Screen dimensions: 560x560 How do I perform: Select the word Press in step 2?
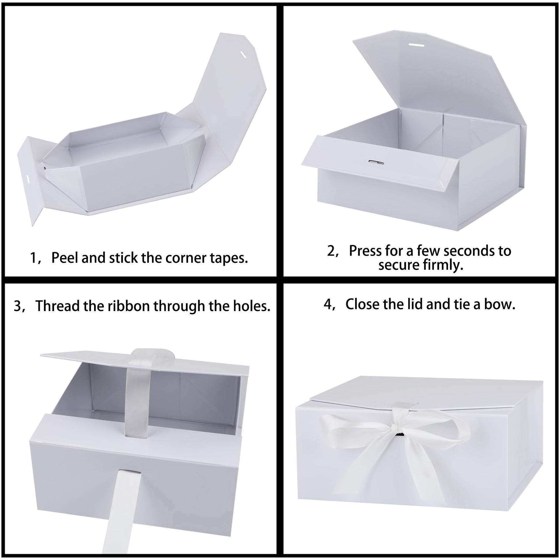click(365, 251)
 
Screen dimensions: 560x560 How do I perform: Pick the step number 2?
click(331, 251)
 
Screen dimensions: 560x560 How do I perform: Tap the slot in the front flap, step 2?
click(376, 162)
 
